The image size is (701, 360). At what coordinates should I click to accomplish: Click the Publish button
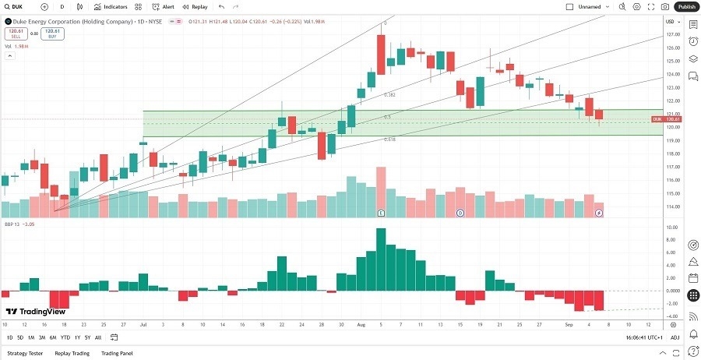click(686, 6)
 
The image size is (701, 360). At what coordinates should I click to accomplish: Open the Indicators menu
click(111, 6)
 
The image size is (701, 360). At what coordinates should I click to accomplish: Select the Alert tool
click(164, 6)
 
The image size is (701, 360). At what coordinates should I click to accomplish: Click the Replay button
click(195, 6)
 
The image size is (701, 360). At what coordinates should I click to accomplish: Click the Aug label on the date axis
click(360, 323)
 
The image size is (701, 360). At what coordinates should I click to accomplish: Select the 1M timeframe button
click(31, 337)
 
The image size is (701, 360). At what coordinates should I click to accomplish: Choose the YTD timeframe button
click(65, 337)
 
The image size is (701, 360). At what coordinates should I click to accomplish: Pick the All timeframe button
click(98, 337)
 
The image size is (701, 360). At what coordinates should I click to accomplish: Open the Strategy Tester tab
click(24, 353)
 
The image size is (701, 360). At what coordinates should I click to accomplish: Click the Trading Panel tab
click(117, 353)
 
